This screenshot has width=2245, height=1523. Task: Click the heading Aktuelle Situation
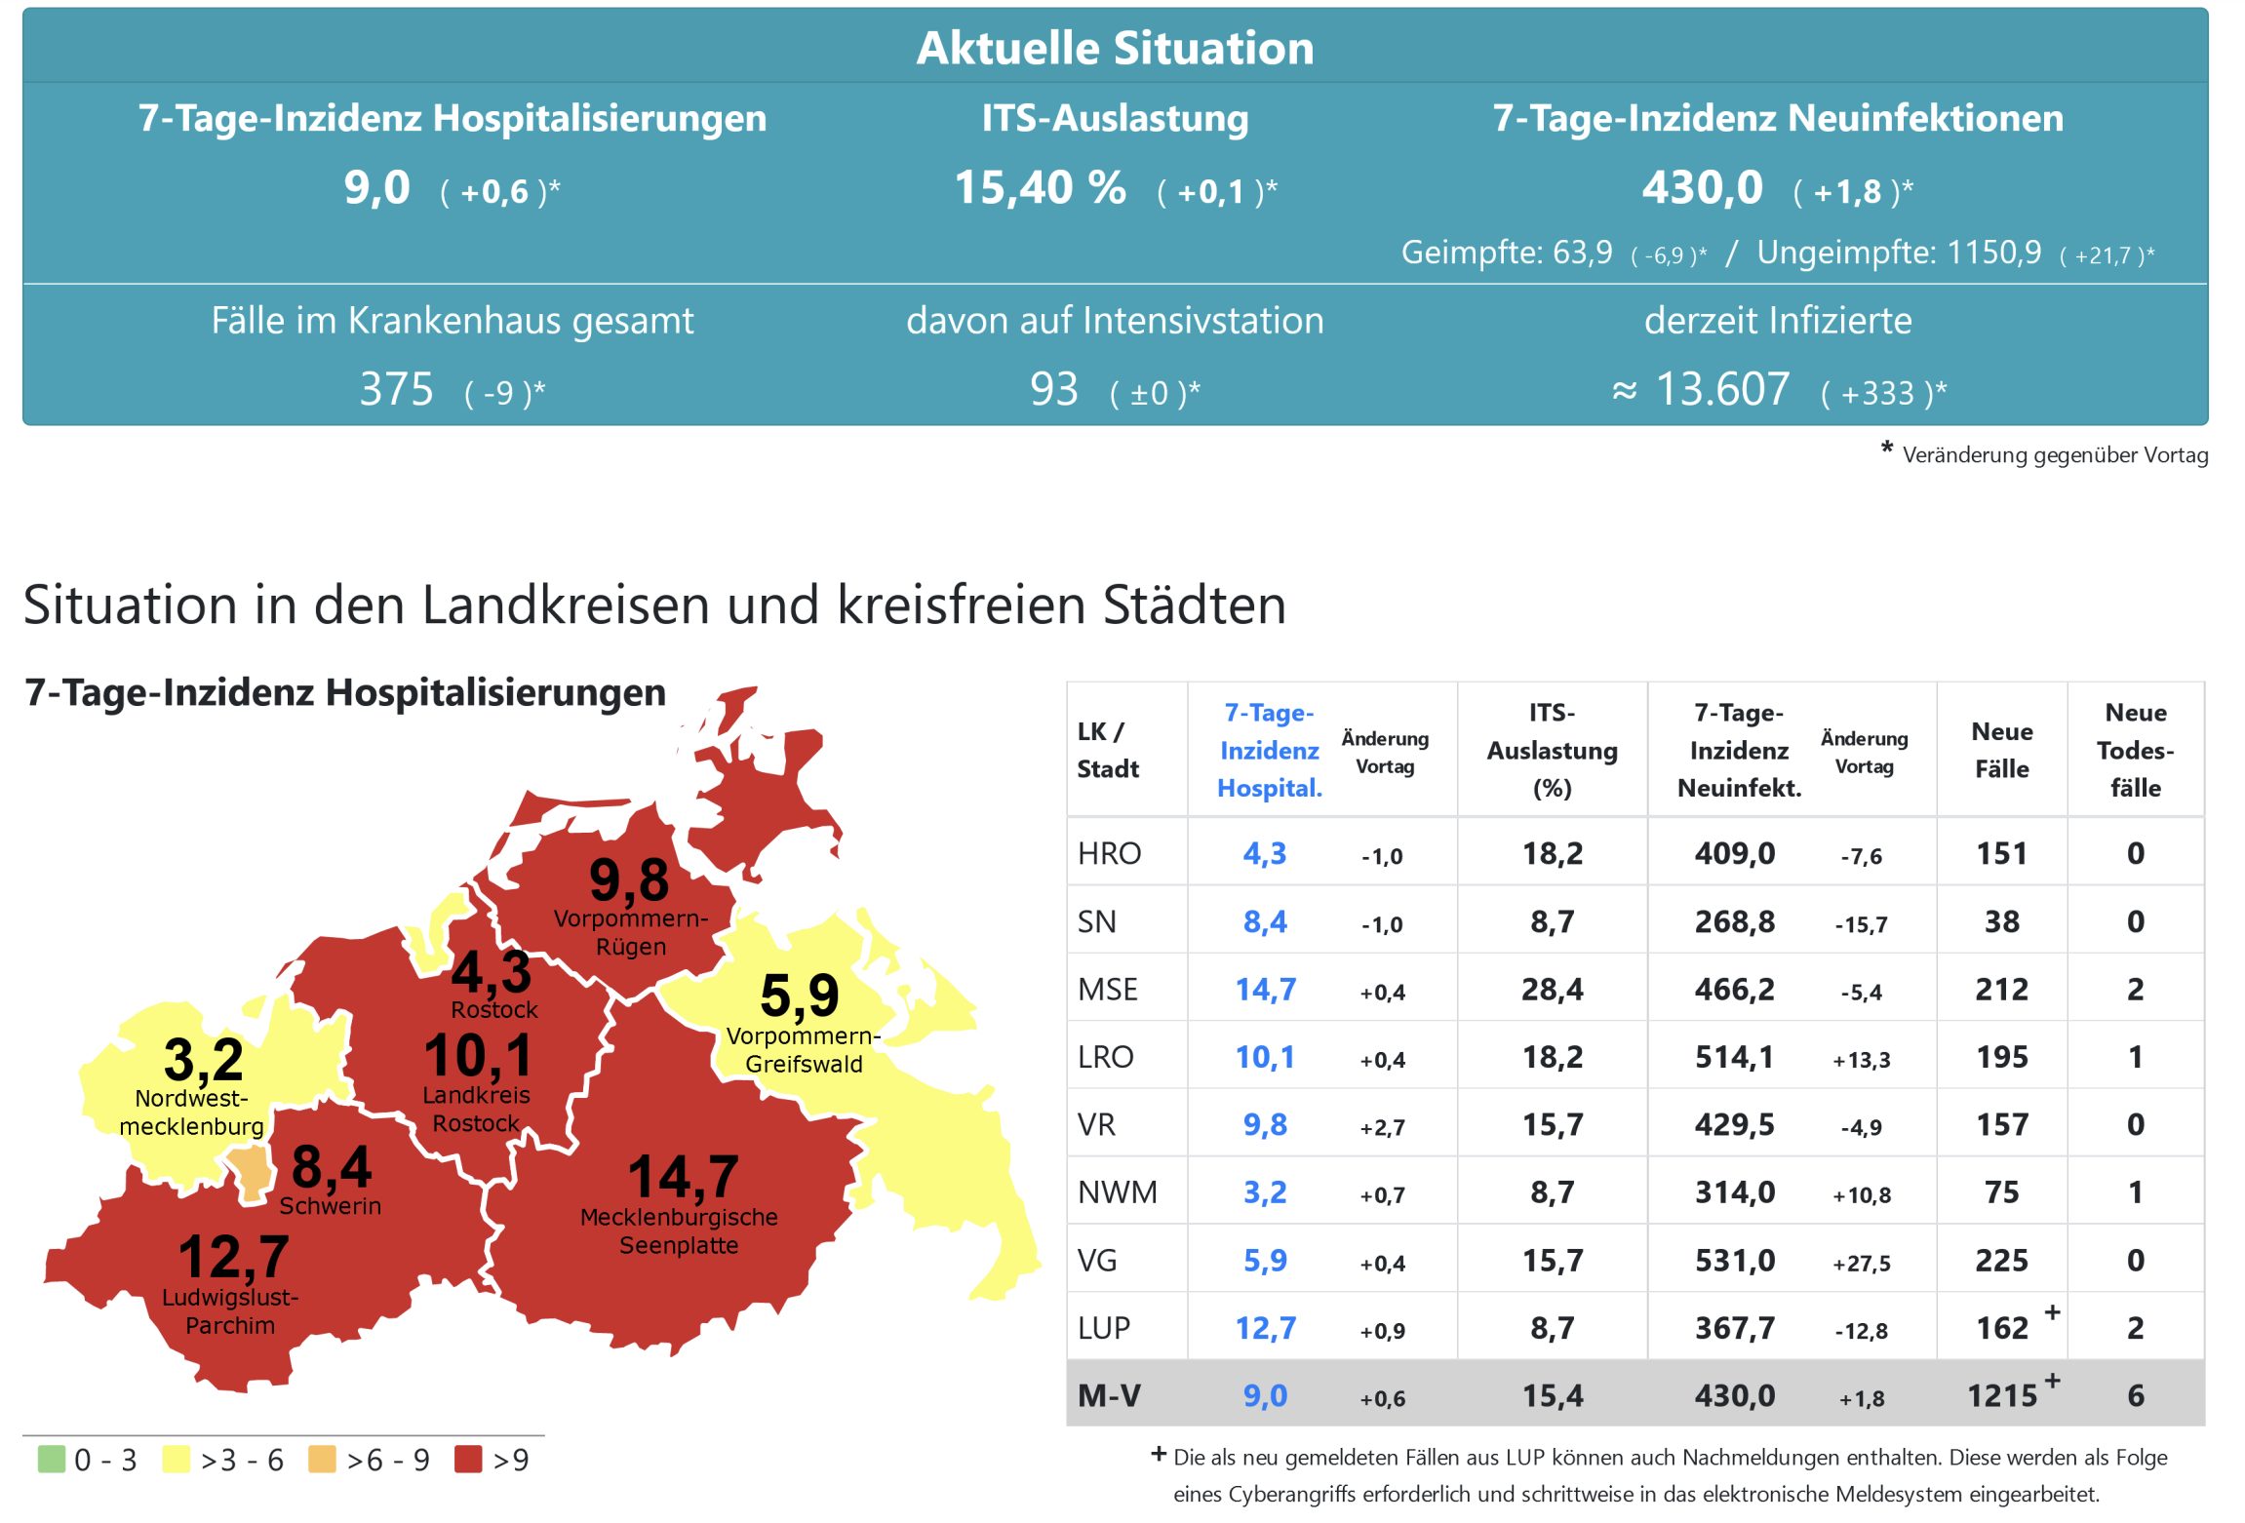(x=1115, y=48)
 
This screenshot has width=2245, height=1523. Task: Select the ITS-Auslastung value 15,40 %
(x=1040, y=187)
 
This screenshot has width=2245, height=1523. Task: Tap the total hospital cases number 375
(x=396, y=389)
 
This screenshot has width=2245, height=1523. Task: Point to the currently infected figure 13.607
(x=1722, y=389)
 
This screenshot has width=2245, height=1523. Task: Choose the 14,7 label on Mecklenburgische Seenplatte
(x=683, y=1176)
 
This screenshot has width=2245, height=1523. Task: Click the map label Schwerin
(x=330, y=1206)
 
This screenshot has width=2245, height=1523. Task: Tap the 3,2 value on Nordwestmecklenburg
(x=203, y=1059)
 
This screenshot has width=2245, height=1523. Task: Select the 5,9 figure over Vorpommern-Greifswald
(x=799, y=995)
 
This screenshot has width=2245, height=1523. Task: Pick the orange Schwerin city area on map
(x=251, y=1170)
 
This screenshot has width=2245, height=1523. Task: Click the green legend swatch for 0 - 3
(x=51, y=1459)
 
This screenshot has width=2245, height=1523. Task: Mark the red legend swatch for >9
(x=468, y=1459)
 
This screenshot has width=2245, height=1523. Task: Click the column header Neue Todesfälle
(x=2135, y=750)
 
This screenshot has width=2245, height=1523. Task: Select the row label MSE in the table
(x=1107, y=990)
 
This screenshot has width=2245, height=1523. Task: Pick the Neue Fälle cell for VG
(x=2001, y=1261)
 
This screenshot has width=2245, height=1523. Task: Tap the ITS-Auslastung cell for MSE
(x=1552, y=990)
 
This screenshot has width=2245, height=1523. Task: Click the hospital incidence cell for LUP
(x=1265, y=1328)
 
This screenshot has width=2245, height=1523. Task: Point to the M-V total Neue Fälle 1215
(x=2001, y=1396)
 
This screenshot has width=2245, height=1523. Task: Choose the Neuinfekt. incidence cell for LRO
(x=1734, y=1057)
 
